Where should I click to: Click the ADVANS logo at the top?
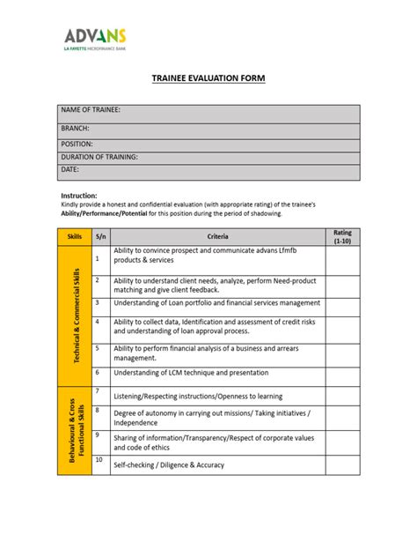coord(95,40)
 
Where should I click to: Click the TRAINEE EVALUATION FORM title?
coord(208,79)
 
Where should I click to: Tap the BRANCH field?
coord(208,129)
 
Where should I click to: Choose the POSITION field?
coord(208,144)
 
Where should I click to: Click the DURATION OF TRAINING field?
coord(208,157)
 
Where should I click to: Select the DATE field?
coord(208,169)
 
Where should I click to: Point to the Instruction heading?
coord(78,195)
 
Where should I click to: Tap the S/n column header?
coord(100,236)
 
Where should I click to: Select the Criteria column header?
coord(218,236)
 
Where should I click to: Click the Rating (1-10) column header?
coord(342,236)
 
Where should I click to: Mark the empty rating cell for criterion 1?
coord(342,260)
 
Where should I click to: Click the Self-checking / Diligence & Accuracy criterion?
coord(168,464)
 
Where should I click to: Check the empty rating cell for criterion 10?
coord(342,464)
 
